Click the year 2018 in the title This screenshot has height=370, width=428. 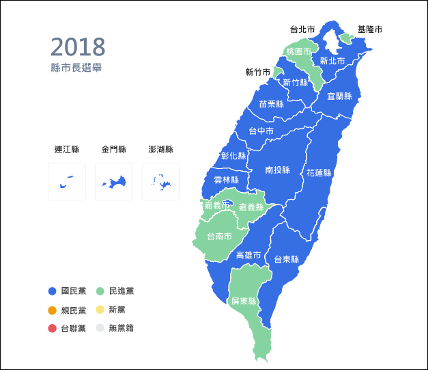click(78, 47)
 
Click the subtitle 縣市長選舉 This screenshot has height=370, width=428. click(76, 68)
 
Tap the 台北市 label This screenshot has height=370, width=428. click(302, 29)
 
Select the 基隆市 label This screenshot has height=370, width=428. click(370, 30)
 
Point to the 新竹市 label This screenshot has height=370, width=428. click(257, 72)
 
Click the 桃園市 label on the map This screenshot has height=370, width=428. click(299, 52)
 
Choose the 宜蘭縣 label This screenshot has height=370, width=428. click(339, 96)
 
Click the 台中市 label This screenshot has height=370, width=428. click(261, 131)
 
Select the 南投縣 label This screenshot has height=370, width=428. click(278, 170)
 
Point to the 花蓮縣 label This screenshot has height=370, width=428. click(319, 172)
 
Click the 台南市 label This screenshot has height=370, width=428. click(218, 237)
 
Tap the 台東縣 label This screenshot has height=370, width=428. click(286, 259)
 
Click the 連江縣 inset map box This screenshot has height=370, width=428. click(67, 181)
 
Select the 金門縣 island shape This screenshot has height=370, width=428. click(114, 182)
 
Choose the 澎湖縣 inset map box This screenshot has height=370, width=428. click(161, 181)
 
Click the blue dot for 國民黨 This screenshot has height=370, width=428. click(52, 291)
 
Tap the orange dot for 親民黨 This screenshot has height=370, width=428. click(52, 310)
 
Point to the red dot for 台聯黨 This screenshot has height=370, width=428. click(52, 328)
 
